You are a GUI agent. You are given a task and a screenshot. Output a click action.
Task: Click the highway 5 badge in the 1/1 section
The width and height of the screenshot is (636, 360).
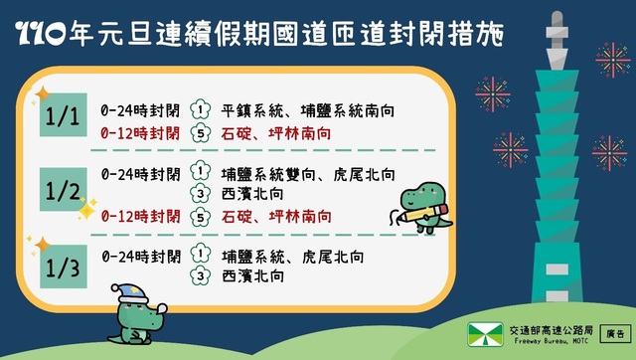[x=201, y=131]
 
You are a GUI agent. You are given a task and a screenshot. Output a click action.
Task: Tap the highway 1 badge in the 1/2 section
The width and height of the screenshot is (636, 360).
[x=201, y=171]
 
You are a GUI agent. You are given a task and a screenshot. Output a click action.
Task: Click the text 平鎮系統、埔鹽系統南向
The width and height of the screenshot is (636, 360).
[x=308, y=109]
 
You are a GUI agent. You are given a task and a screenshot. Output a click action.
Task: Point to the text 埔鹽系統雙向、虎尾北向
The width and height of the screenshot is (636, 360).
[x=308, y=171]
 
